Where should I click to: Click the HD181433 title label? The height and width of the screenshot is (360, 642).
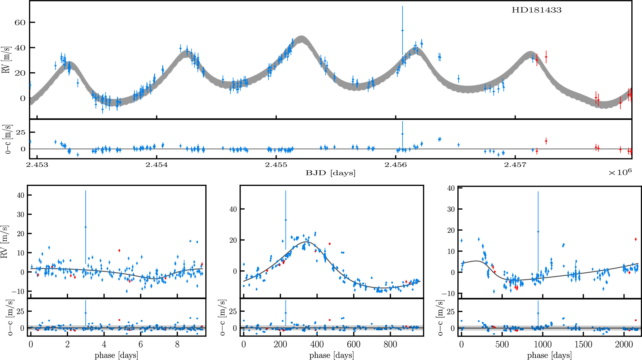pos(536,10)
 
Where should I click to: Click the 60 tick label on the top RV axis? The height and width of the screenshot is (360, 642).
pos(20,22)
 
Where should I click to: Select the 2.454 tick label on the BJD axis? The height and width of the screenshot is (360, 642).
pos(157,165)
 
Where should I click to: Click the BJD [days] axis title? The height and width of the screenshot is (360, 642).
pos(330,173)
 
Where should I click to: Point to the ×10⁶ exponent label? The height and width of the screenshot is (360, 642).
pos(620,172)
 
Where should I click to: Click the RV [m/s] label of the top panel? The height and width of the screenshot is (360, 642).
pos(6,60)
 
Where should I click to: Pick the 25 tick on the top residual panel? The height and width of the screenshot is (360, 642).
pos(21,132)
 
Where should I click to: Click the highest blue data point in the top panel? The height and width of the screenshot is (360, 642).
pos(402,30)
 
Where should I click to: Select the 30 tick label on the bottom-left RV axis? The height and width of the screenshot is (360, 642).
pos(20,214)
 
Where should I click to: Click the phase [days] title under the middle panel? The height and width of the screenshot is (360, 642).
pos(331,355)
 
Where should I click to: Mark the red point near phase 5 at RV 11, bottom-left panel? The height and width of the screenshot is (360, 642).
pos(119,250)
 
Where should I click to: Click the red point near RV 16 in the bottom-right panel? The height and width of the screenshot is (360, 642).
pos(635,239)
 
